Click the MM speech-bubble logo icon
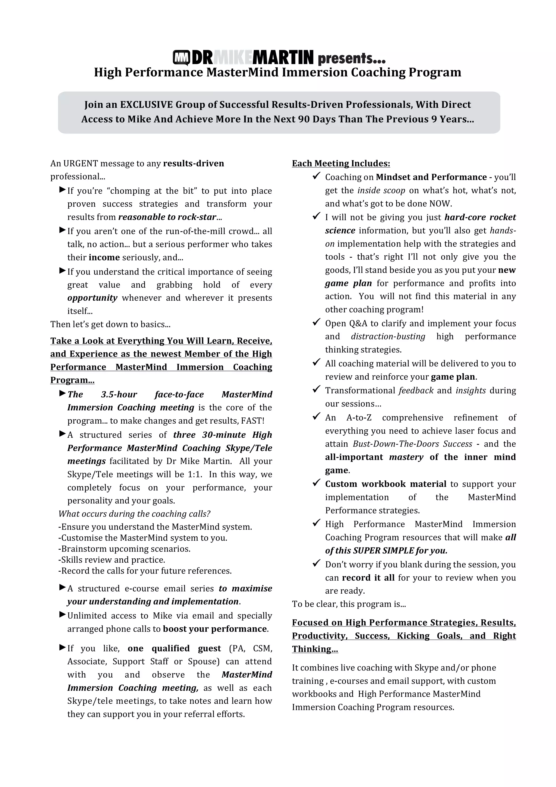tap(182, 58)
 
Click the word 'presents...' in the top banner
tap(352, 58)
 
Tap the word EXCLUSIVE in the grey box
tap(146, 105)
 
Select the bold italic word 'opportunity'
tap(92, 298)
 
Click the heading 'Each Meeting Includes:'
tap(341, 163)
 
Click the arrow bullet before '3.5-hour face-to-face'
tap(62, 393)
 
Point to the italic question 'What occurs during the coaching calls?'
tap(134, 514)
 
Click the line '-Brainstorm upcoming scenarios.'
tap(124, 549)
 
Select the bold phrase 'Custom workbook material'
tap(386, 484)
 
